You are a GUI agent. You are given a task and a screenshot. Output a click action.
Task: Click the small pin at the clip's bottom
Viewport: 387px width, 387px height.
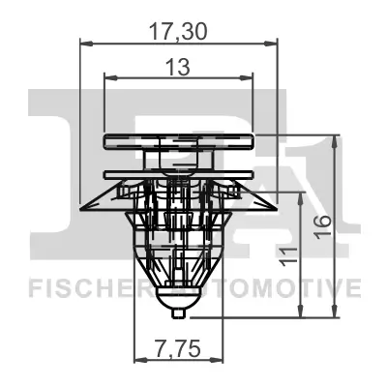click(x=177, y=312)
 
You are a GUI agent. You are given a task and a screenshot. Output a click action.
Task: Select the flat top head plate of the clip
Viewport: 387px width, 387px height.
click(x=178, y=137)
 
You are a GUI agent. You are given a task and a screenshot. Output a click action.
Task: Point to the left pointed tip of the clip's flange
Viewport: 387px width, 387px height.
click(x=78, y=205)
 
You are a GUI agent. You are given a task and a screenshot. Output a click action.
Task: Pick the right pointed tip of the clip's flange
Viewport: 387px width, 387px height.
click(x=278, y=205)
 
